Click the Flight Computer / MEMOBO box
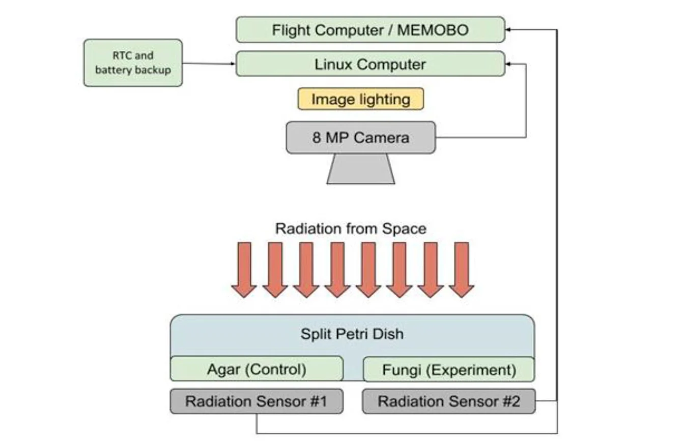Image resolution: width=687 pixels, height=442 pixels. click(x=370, y=30)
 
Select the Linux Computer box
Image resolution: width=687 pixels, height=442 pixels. click(x=370, y=65)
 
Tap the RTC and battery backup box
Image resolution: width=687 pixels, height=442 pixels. click(x=133, y=63)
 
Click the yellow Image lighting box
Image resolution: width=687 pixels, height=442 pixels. click(x=360, y=99)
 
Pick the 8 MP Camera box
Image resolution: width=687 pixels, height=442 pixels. click(x=360, y=138)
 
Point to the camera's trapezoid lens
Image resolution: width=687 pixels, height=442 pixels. click(x=360, y=169)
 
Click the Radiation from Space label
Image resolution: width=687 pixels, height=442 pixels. click(x=351, y=229)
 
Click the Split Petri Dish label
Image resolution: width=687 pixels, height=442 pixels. click(x=352, y=334)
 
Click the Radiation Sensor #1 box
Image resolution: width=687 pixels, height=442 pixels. click(x=256, y=401)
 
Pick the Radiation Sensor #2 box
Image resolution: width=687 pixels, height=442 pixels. click(x=448, y=401)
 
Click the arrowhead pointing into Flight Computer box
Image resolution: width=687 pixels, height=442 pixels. click(x=508, y=30)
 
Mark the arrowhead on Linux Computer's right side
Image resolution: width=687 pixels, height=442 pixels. click(x=508, y=65)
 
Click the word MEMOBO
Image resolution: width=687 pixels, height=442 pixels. click(x=433, y=30)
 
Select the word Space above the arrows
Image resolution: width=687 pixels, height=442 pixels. click(x=405, y=229)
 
